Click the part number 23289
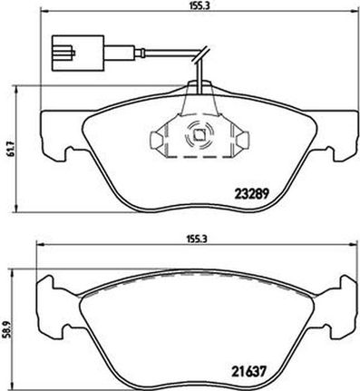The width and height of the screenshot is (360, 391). pos(252,193)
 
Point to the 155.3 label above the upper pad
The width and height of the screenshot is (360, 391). pos(197,5)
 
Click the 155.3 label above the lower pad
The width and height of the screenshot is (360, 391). pos(197,239)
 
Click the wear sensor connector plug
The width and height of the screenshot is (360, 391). pos(78,54)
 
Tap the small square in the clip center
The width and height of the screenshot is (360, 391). pos(199,134)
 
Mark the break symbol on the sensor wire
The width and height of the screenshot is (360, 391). pos(200,55)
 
